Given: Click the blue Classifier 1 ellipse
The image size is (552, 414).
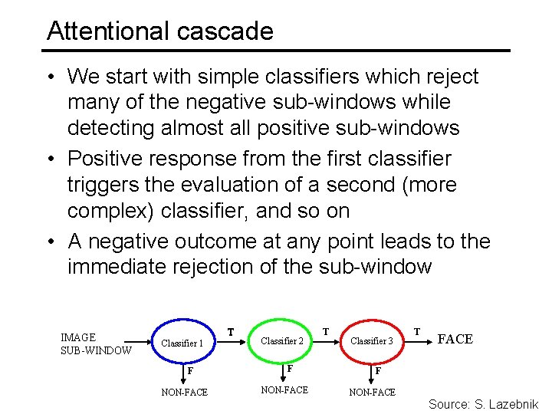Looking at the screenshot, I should (182, 343).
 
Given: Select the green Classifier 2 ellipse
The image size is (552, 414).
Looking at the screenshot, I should (282, 340).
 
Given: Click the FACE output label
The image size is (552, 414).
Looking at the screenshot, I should (455, 339).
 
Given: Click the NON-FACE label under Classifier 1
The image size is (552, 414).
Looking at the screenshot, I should (184, 393).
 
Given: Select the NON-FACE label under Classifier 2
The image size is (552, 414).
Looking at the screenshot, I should (284, 390).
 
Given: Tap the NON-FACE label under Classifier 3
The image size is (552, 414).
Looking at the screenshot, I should (373, 393).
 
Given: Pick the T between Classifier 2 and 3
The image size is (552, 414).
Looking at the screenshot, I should (326, 332).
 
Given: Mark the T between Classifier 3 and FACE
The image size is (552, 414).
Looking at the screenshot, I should (417, 331).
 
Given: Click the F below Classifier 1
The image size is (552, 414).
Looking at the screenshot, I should (191, 371).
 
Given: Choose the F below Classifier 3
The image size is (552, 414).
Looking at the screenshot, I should (378, 371).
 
